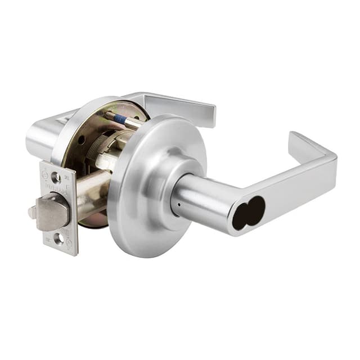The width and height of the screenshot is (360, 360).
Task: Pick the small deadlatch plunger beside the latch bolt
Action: (32, 213)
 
